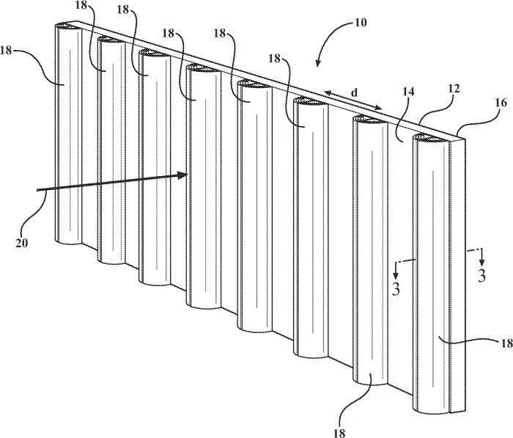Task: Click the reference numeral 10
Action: point(361,23)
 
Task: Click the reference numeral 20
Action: point(21,243)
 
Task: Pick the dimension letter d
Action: point(354,92)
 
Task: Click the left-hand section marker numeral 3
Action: point(396,289)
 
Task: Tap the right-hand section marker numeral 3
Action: point(481,276)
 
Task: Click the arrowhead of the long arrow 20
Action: point(182,175)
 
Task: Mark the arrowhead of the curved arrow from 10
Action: point(317,62)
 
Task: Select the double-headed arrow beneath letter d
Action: point(353,100)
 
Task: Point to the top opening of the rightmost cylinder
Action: point(431,139)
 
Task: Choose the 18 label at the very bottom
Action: point(339,433)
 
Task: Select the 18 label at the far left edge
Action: point(6,51)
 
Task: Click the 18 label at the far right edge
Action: point(506,343)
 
